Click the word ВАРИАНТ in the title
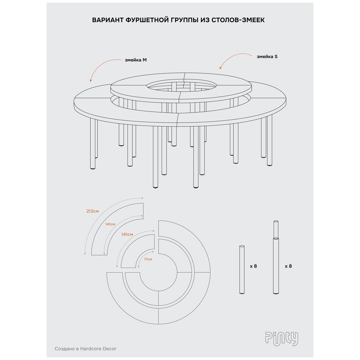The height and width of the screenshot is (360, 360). click(108, 20)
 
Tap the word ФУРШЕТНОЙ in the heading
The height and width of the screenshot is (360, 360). click(147, 20)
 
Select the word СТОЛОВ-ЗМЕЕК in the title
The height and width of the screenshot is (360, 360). click(238, 20)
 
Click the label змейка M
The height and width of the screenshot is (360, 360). click(136, 60)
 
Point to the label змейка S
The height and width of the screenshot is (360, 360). click(267, 56)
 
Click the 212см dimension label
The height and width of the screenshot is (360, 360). click(92, 211)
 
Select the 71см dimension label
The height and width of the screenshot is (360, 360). click(148, 259)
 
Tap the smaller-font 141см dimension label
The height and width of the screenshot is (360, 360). click(110, 224)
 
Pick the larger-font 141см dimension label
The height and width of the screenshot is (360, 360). click(127, 234)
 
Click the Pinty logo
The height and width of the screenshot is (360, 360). click(282, 339)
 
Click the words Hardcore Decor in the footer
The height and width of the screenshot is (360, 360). click(98, 349)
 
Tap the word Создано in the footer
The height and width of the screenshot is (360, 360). click(64, 349)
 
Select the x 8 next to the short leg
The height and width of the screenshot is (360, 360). click(254, 266)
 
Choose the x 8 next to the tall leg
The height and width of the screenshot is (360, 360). click(288, 266)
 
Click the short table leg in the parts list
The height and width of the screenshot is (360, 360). click(242, 270)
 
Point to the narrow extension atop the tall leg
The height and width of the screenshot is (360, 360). click(276, 229)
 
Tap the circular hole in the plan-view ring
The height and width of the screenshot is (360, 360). click(158, 272)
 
